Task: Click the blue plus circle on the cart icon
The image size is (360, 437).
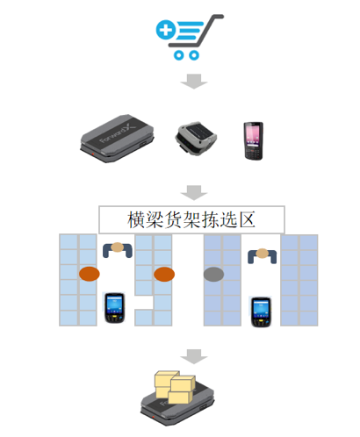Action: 166,30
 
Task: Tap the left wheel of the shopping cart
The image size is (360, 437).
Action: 178,55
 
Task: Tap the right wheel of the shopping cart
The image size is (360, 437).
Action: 194,55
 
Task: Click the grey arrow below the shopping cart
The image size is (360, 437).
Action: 194,81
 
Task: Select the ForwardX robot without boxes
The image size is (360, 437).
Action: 118,138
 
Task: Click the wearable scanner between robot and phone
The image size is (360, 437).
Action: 196,138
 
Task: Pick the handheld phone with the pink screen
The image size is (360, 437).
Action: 254,140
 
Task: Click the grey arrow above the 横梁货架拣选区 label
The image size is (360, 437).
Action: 194,192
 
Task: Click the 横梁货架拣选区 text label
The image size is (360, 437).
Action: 191,219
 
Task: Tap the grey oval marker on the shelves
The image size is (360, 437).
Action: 214,275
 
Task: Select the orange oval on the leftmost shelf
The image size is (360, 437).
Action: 90,274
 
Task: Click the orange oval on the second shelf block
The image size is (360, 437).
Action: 164,275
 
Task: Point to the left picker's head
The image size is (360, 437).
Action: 118,247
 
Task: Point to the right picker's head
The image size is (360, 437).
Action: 263,254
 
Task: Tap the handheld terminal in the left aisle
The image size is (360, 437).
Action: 115,308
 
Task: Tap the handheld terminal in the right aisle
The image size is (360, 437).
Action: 262,312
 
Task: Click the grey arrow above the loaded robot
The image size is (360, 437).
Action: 194,356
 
